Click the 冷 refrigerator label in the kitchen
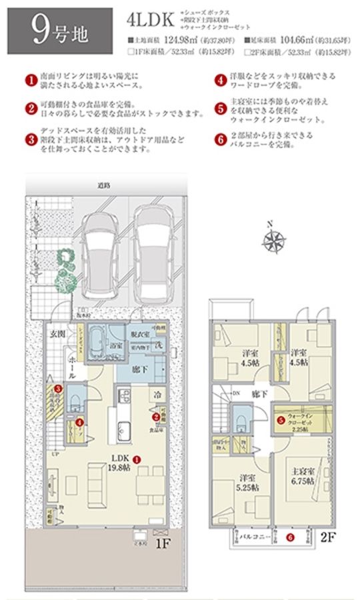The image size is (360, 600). pyautogui.click(x=155, y=393)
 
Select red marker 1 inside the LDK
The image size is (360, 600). pyautogui.click(x=136, y=459)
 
